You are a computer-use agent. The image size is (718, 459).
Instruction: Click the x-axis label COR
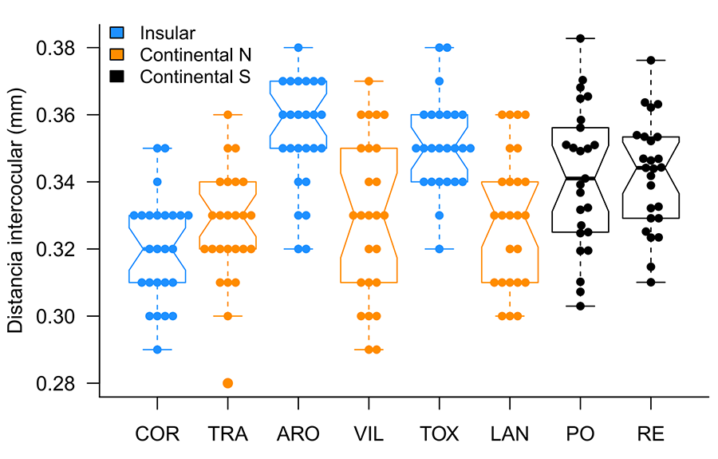point(157,434)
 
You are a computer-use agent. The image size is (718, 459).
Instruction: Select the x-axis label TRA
point(227,434)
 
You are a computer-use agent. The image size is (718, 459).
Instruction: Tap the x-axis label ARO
point(298,434)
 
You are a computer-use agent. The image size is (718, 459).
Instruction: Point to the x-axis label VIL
point(369,434)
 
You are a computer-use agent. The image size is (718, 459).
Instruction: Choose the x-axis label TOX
point(439,434)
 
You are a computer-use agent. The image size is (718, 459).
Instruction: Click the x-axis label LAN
point(510,434)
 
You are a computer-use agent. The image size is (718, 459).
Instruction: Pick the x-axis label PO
point(580,434)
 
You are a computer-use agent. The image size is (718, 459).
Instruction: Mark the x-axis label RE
point(651,434)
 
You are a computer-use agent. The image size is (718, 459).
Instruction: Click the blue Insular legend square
point(116,33)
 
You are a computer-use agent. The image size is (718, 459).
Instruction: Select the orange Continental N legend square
point(116,54)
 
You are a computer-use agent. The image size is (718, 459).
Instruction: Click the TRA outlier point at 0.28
point(227,383)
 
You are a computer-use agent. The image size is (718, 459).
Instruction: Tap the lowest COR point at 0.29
point(157,350)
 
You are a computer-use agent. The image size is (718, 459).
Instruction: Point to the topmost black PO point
point(581,38)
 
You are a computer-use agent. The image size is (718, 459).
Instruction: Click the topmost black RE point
point(651,61)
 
